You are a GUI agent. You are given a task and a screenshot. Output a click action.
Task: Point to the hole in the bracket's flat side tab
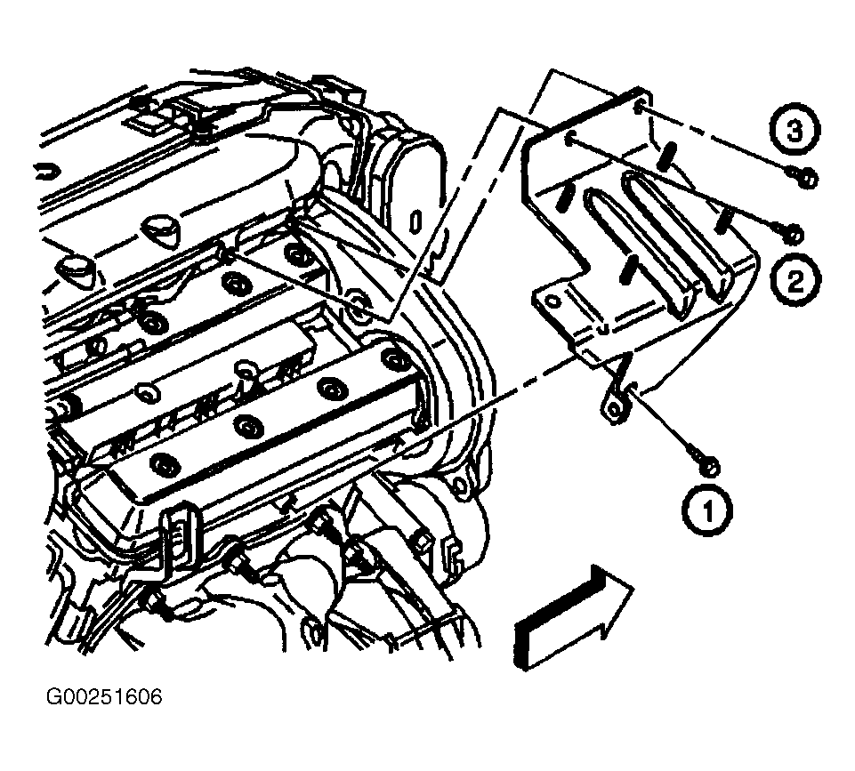click(x=552, y=302)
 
